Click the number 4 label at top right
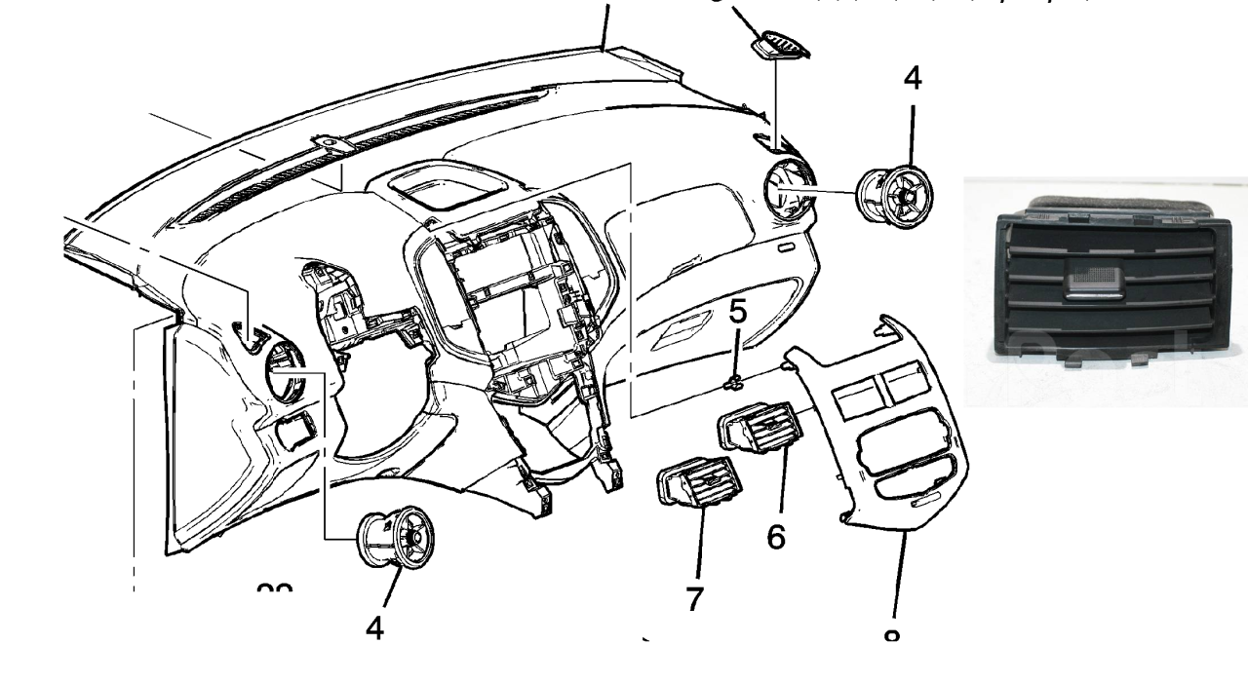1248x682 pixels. click(912, 79)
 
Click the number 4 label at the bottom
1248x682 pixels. click(375, 628)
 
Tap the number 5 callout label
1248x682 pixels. click(739, 313)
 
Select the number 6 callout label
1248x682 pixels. click(776, 535)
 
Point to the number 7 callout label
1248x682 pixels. click(694, 599)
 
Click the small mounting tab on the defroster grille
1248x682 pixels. click(331, 144)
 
